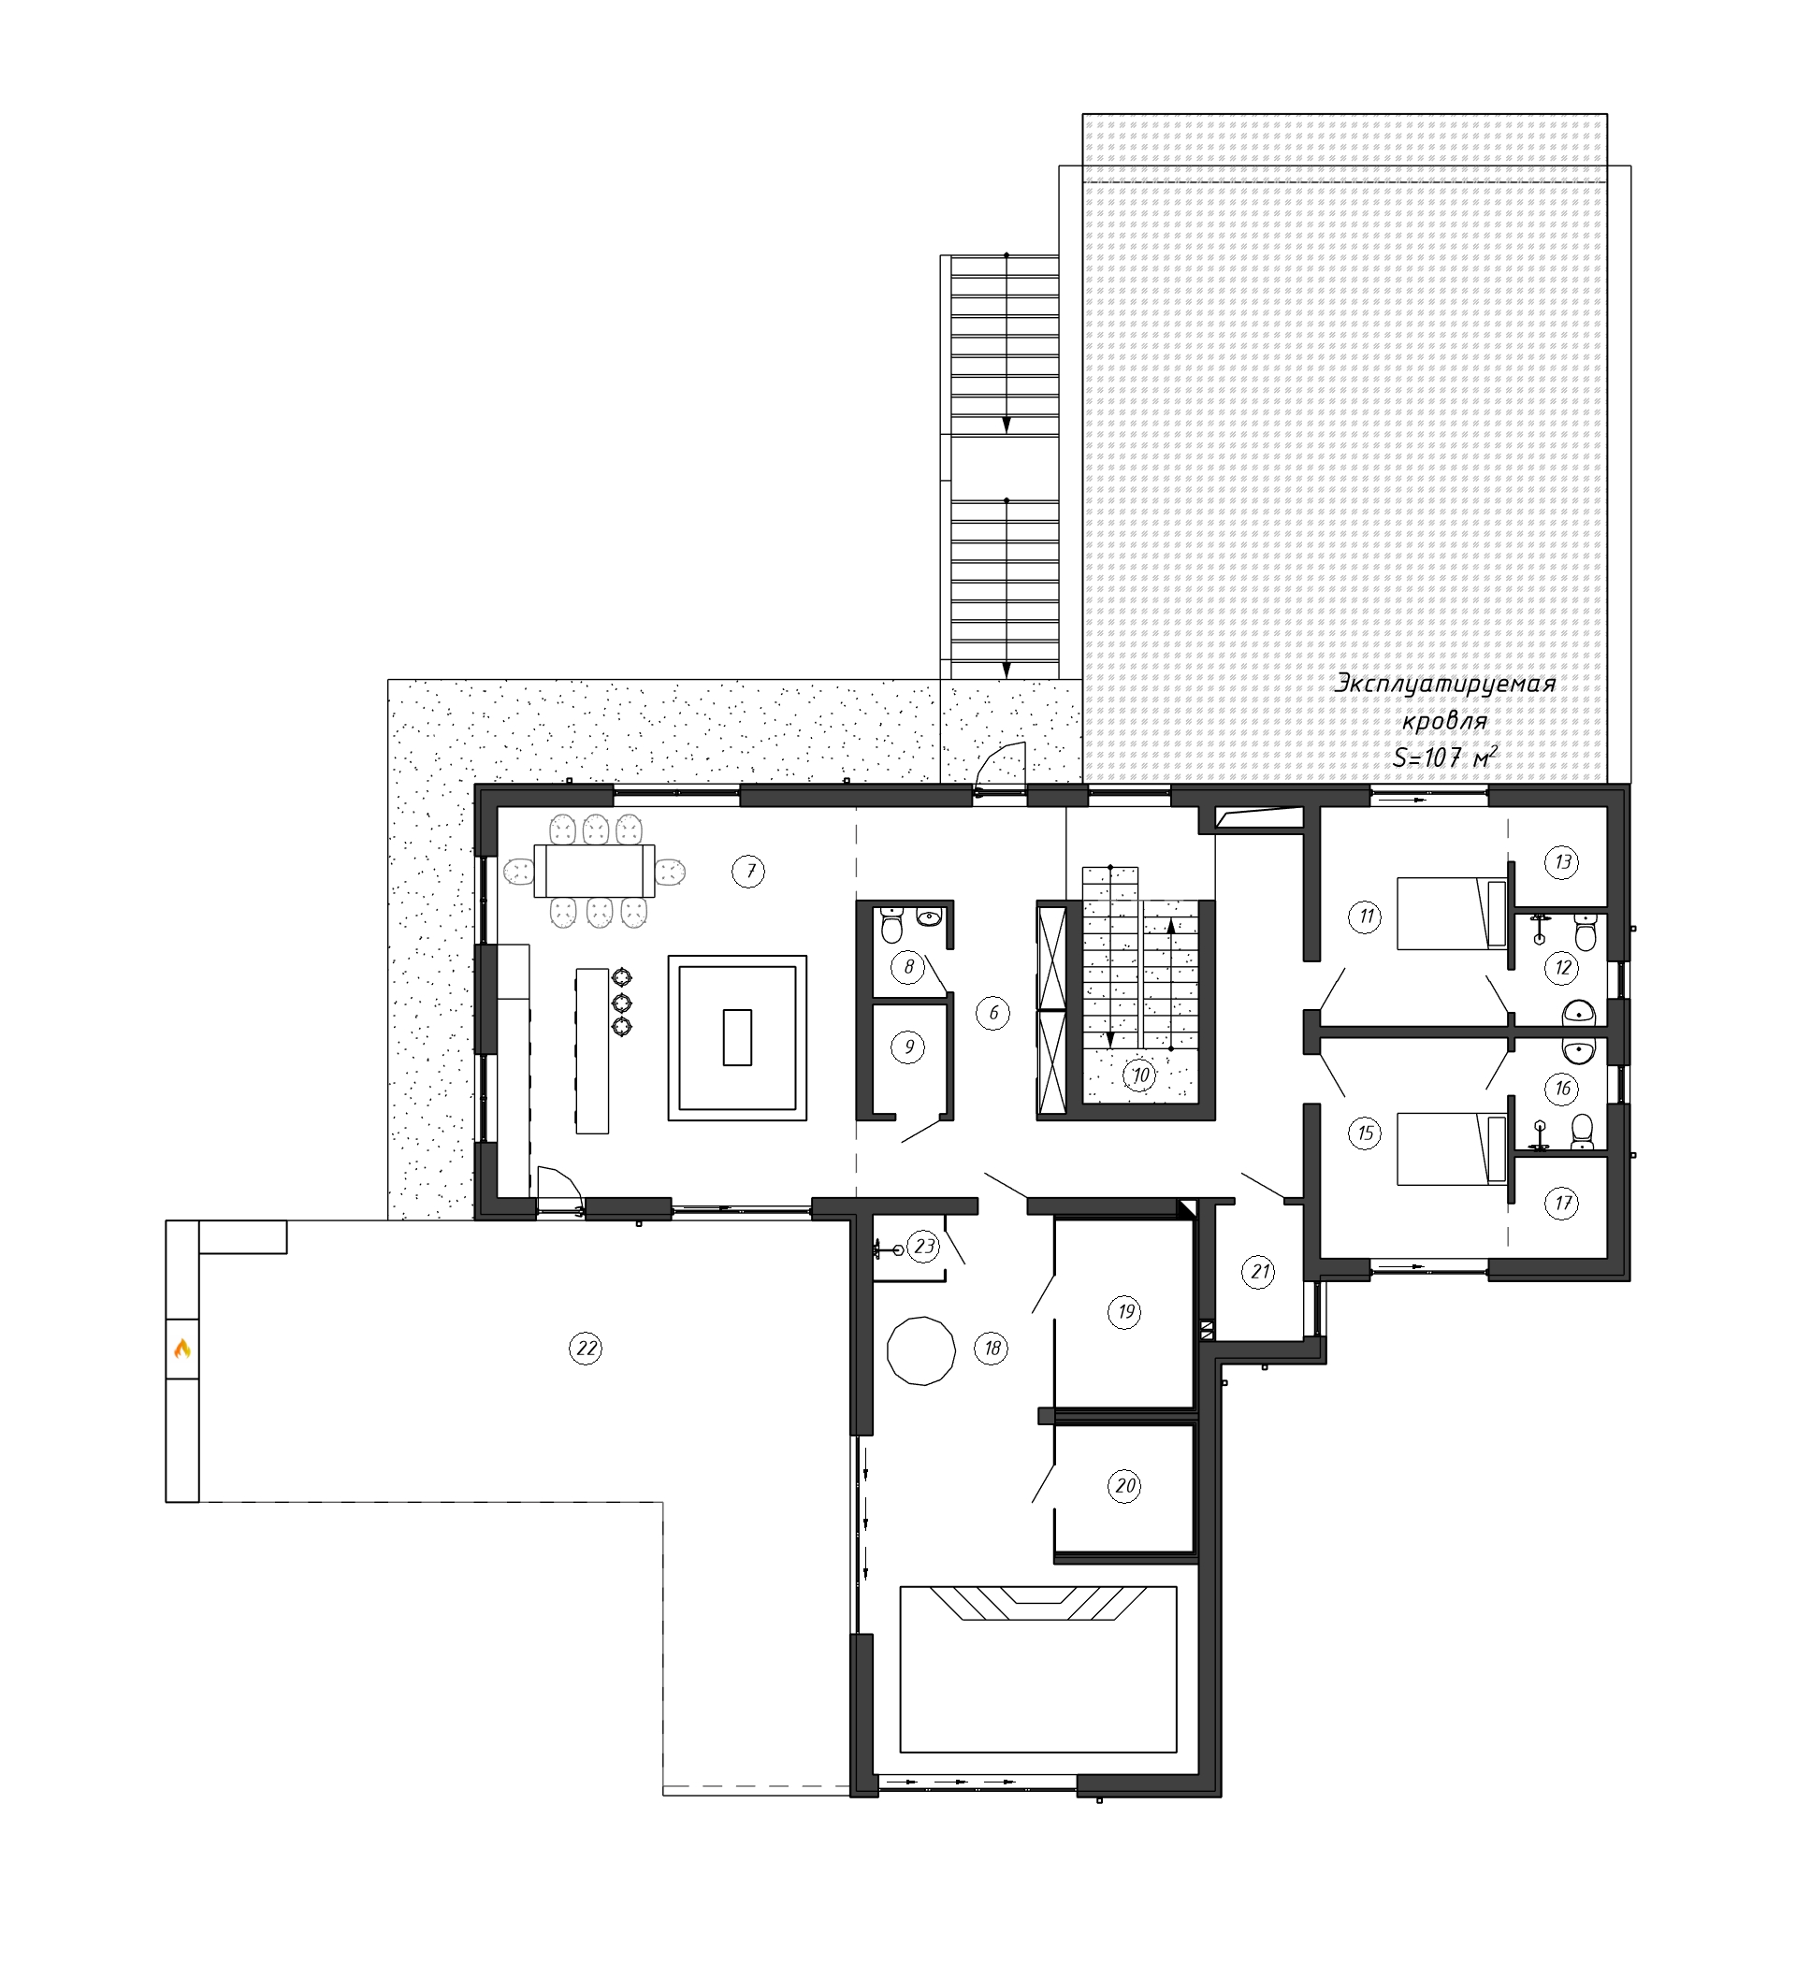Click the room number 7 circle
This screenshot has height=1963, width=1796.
click(749, 872)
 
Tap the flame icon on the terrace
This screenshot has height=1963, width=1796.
click(181, 1349)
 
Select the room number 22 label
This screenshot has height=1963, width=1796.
click(586, 1349)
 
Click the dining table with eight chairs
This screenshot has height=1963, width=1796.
click(594, 871)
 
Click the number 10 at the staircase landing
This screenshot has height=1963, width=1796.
click(1139, 1075)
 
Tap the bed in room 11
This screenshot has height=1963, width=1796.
click(1452, 913)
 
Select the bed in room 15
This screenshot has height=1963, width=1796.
click(1452, 1150)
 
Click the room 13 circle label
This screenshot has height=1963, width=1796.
click(1562, 861)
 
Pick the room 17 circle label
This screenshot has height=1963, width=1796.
click(1562, 1204)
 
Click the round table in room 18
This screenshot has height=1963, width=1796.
click(920, 1350)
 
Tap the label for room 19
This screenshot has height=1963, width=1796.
click(1125, 1311)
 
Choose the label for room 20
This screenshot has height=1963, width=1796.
click(1125, 1486)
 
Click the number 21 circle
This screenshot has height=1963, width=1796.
click(1260, 1272)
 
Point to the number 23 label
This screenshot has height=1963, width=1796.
click(923, 1247)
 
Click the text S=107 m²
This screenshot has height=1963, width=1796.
click(1444, 758)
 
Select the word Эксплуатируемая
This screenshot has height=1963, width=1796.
click(1444, 685)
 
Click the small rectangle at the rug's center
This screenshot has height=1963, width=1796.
click(737, 1038)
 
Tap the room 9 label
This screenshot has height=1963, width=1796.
click(907, 1046)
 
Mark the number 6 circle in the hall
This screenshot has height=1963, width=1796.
click(992, 1013)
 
